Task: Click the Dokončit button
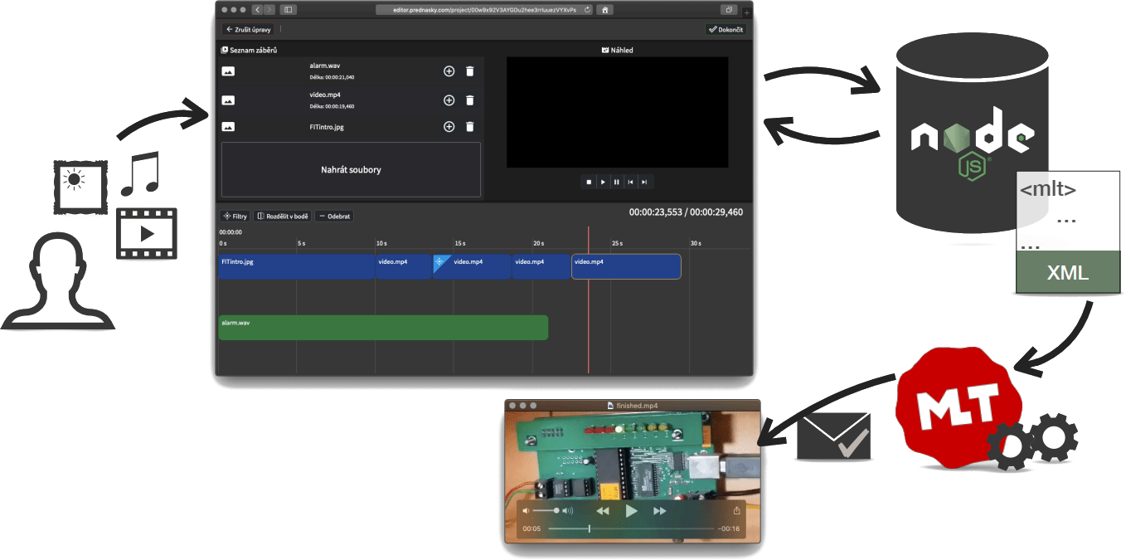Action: click(x=726, y=29)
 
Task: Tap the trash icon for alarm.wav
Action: click(x=470, y=71)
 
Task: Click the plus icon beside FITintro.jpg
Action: click(x=449, y=127)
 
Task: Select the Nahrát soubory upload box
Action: click(x=351, y=169)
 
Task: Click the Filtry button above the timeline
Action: click(x=235, y=217)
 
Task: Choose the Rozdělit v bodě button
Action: click(x=283, y=217)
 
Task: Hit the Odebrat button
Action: click(x=334, y=217)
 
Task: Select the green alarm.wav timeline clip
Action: click(x=383, y=328)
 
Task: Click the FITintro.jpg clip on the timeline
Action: click(x=296, y=266)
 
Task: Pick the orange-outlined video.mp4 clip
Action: click(x=626, y=266)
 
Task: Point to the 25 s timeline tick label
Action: click(x=617, y=243)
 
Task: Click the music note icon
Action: click(x=139, y=173)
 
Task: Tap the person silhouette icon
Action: click(x=56, y=282)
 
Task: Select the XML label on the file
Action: click(x=1068, y=273)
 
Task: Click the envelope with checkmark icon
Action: click(x=833, y=437)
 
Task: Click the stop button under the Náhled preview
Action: click(x=589, y=182)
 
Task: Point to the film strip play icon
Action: click(x=147, y=233)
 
